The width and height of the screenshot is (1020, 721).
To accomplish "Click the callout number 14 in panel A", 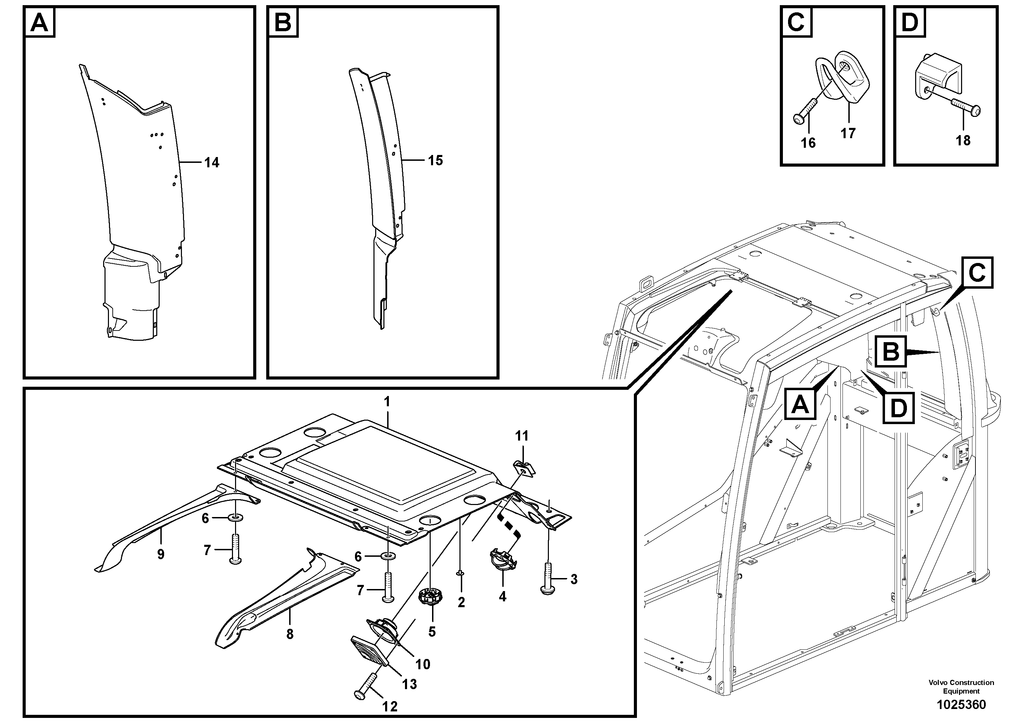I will coord(211,163).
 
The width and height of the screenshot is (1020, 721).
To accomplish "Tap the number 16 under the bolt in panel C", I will coord(808,143).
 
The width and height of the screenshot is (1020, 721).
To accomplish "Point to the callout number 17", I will coord(848,133).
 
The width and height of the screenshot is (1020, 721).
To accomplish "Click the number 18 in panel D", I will coord(963,141).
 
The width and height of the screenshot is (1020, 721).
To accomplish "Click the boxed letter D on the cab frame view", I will coord(898,408).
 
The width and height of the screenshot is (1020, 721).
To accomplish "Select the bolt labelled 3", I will coord(549,578).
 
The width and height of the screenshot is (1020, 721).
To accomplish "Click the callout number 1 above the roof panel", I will coord(387,402).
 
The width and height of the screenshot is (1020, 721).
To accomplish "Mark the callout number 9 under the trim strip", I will coord(160,554).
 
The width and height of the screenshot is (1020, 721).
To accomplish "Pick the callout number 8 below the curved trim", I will coord(290,634).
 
